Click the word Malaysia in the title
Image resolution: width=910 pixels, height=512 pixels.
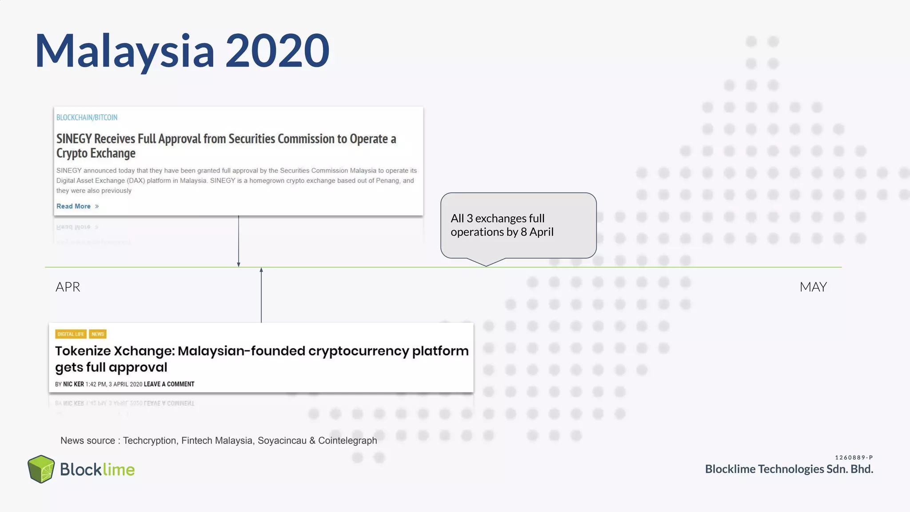124,51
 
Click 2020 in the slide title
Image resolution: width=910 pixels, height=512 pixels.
277,51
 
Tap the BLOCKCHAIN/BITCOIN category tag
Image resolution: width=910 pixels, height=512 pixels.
87,117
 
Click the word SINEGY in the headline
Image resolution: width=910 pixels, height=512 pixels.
74,139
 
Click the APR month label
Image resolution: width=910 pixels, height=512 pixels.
68,287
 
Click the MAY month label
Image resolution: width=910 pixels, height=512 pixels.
813,287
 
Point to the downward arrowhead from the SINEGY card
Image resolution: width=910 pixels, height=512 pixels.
239,264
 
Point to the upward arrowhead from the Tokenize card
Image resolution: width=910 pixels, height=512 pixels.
261,270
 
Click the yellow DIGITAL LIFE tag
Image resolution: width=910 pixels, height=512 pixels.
71,334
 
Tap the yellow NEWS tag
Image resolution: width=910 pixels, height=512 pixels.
98,334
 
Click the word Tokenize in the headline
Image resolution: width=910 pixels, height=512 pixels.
83,351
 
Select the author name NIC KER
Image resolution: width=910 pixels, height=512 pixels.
73,384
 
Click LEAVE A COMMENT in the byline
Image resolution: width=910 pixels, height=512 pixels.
169,384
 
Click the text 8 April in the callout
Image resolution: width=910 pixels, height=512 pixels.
537,232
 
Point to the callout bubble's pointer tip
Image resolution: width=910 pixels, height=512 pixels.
486,266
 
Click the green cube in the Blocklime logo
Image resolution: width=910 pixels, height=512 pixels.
41,469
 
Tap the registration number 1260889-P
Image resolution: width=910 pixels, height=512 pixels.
854,457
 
